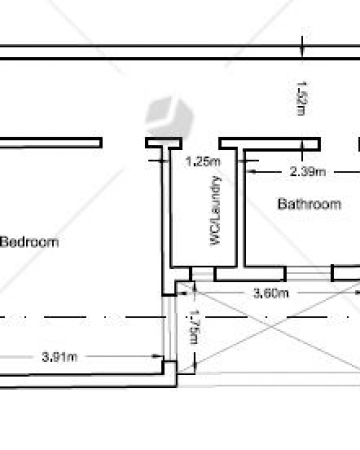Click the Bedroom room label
click(29, 242)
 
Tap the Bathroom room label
click(309, 204)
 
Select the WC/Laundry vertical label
click(215, 211)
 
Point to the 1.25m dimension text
click(203, 162)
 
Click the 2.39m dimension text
click(308, 172)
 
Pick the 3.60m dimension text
click(271, 293)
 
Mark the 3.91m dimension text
click(60, 357)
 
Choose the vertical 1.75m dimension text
click(194, 327)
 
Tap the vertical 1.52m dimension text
click(301, 98)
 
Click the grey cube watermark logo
click(169, 117)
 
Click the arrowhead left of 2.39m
click(252, 172)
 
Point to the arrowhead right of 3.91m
click(157, 356)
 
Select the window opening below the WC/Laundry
click(203, 274)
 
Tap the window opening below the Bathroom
click(309, 274)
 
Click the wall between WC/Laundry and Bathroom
click(241, 208)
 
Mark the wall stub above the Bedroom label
click(51, 143)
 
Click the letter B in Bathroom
click(282, 204)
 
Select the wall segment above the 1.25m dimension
click(164, 143)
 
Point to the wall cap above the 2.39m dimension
click(270, 144)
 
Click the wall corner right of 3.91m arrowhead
click(170, 368)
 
